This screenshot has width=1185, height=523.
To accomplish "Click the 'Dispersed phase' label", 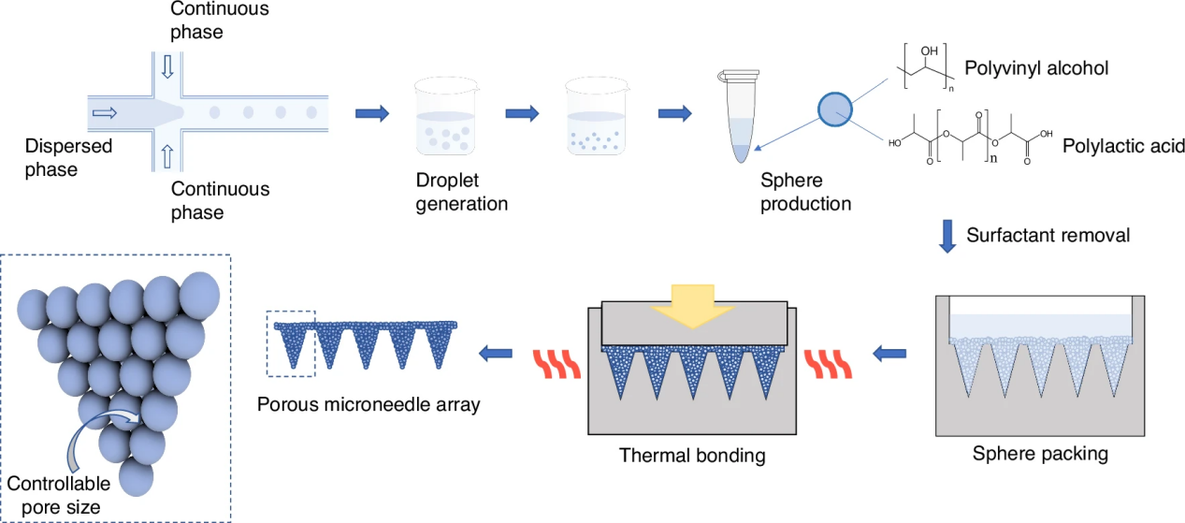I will click(x=68, y=157).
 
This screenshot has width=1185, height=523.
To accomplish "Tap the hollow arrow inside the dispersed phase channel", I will click(x=105, y=113).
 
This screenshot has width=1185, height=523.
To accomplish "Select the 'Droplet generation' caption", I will click(x=461, y=192).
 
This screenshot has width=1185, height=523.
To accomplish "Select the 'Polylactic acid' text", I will click(x=1123, y=146).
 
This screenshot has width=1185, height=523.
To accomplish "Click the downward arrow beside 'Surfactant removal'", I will click(x=947, y=236).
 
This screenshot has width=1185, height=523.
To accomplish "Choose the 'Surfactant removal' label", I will click(x=1048, y=235).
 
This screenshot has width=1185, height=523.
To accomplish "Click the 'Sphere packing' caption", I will click(x=1040, y=455).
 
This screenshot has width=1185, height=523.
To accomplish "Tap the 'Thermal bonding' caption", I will click(x=692, y=457).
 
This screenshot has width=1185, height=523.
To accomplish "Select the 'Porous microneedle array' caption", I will click(x=368, y=405).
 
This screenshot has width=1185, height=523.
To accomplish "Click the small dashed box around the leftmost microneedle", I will click(x=291, y=343).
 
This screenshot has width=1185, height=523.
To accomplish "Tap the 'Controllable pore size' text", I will click(x=59, y=495).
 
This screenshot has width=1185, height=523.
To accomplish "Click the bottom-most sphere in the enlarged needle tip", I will click(x=136, y=477).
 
